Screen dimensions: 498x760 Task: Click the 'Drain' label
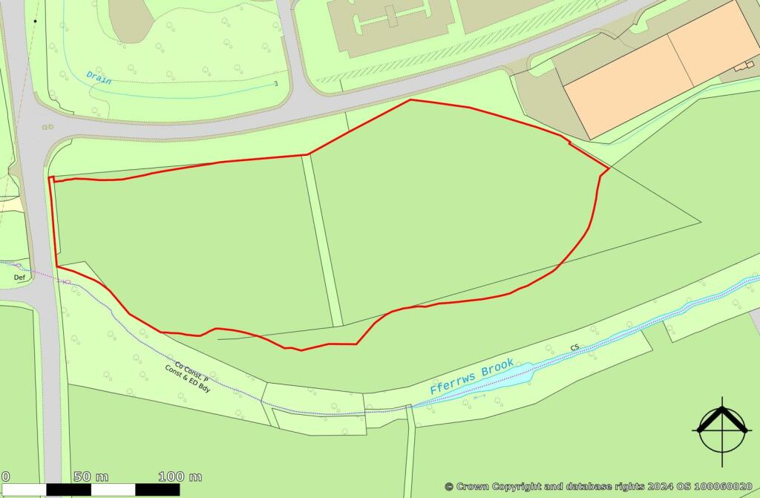point(98,77)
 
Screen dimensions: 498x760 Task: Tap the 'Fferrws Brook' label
point(472,376)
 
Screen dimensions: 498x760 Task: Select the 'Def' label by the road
point(19,277)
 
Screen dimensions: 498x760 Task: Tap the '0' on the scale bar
point(5,476)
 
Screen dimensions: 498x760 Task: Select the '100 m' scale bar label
point(180,476)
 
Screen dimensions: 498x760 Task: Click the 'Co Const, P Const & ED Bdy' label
point(188,374)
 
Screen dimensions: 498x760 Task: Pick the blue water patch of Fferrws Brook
point(520,376)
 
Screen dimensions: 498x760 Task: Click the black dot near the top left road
point(35,22)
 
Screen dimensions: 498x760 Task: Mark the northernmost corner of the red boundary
point(410,99)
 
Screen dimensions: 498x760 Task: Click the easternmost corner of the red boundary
point(609,170)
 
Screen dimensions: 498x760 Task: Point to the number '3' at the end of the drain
point(276,84)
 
